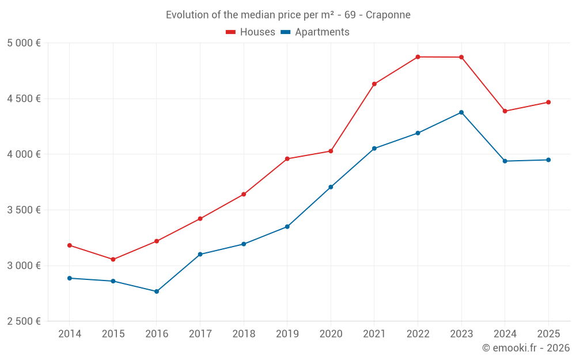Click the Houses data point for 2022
click(418, 57)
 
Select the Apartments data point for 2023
click(461, 112)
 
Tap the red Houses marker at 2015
click(113, 259)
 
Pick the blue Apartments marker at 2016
click(157, 291)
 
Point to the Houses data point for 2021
click(374, 84)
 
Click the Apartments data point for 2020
click(331, 187)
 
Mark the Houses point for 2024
click(505, 111)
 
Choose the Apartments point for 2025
click(548, 160)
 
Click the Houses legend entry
click(251, 32)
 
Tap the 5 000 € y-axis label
click(24, 43)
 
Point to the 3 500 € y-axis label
click(24, 210)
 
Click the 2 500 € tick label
click(24, 321)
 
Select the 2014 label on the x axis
click(70, 334)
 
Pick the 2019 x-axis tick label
click(287, 334)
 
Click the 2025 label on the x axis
click(548, 334)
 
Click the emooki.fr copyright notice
click(525, 348)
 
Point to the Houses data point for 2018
click(244, 195)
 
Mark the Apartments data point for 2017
click(200, 255)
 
